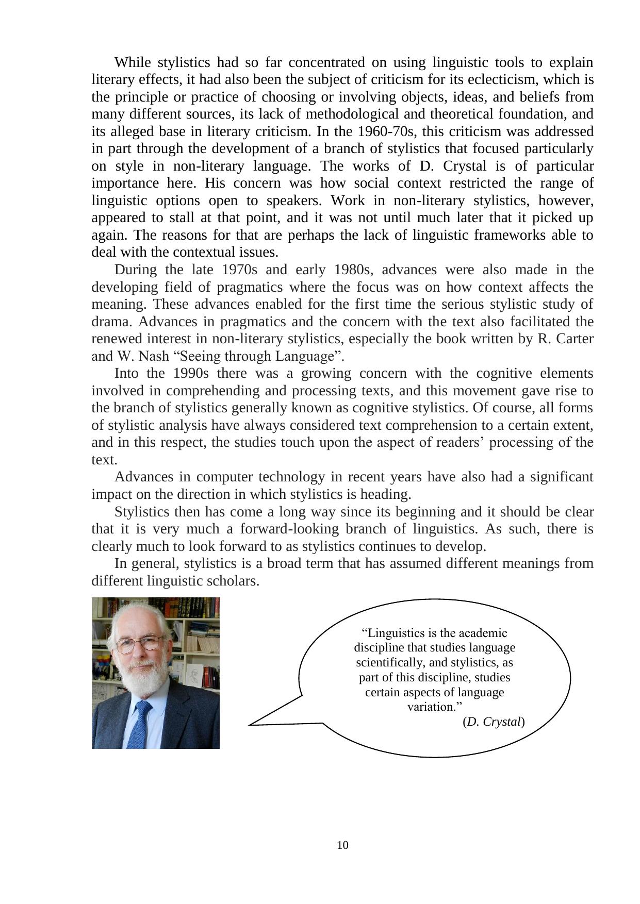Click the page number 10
pos(342,845)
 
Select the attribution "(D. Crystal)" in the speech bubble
pos(494,722)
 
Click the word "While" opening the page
pos(133,62)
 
